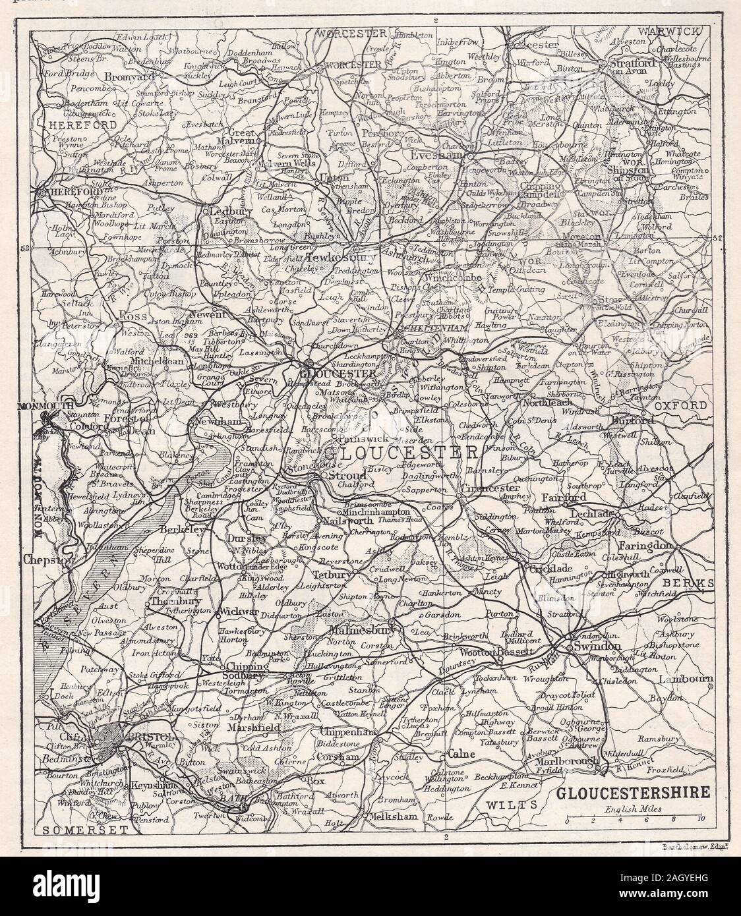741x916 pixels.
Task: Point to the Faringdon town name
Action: click(645, 546)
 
